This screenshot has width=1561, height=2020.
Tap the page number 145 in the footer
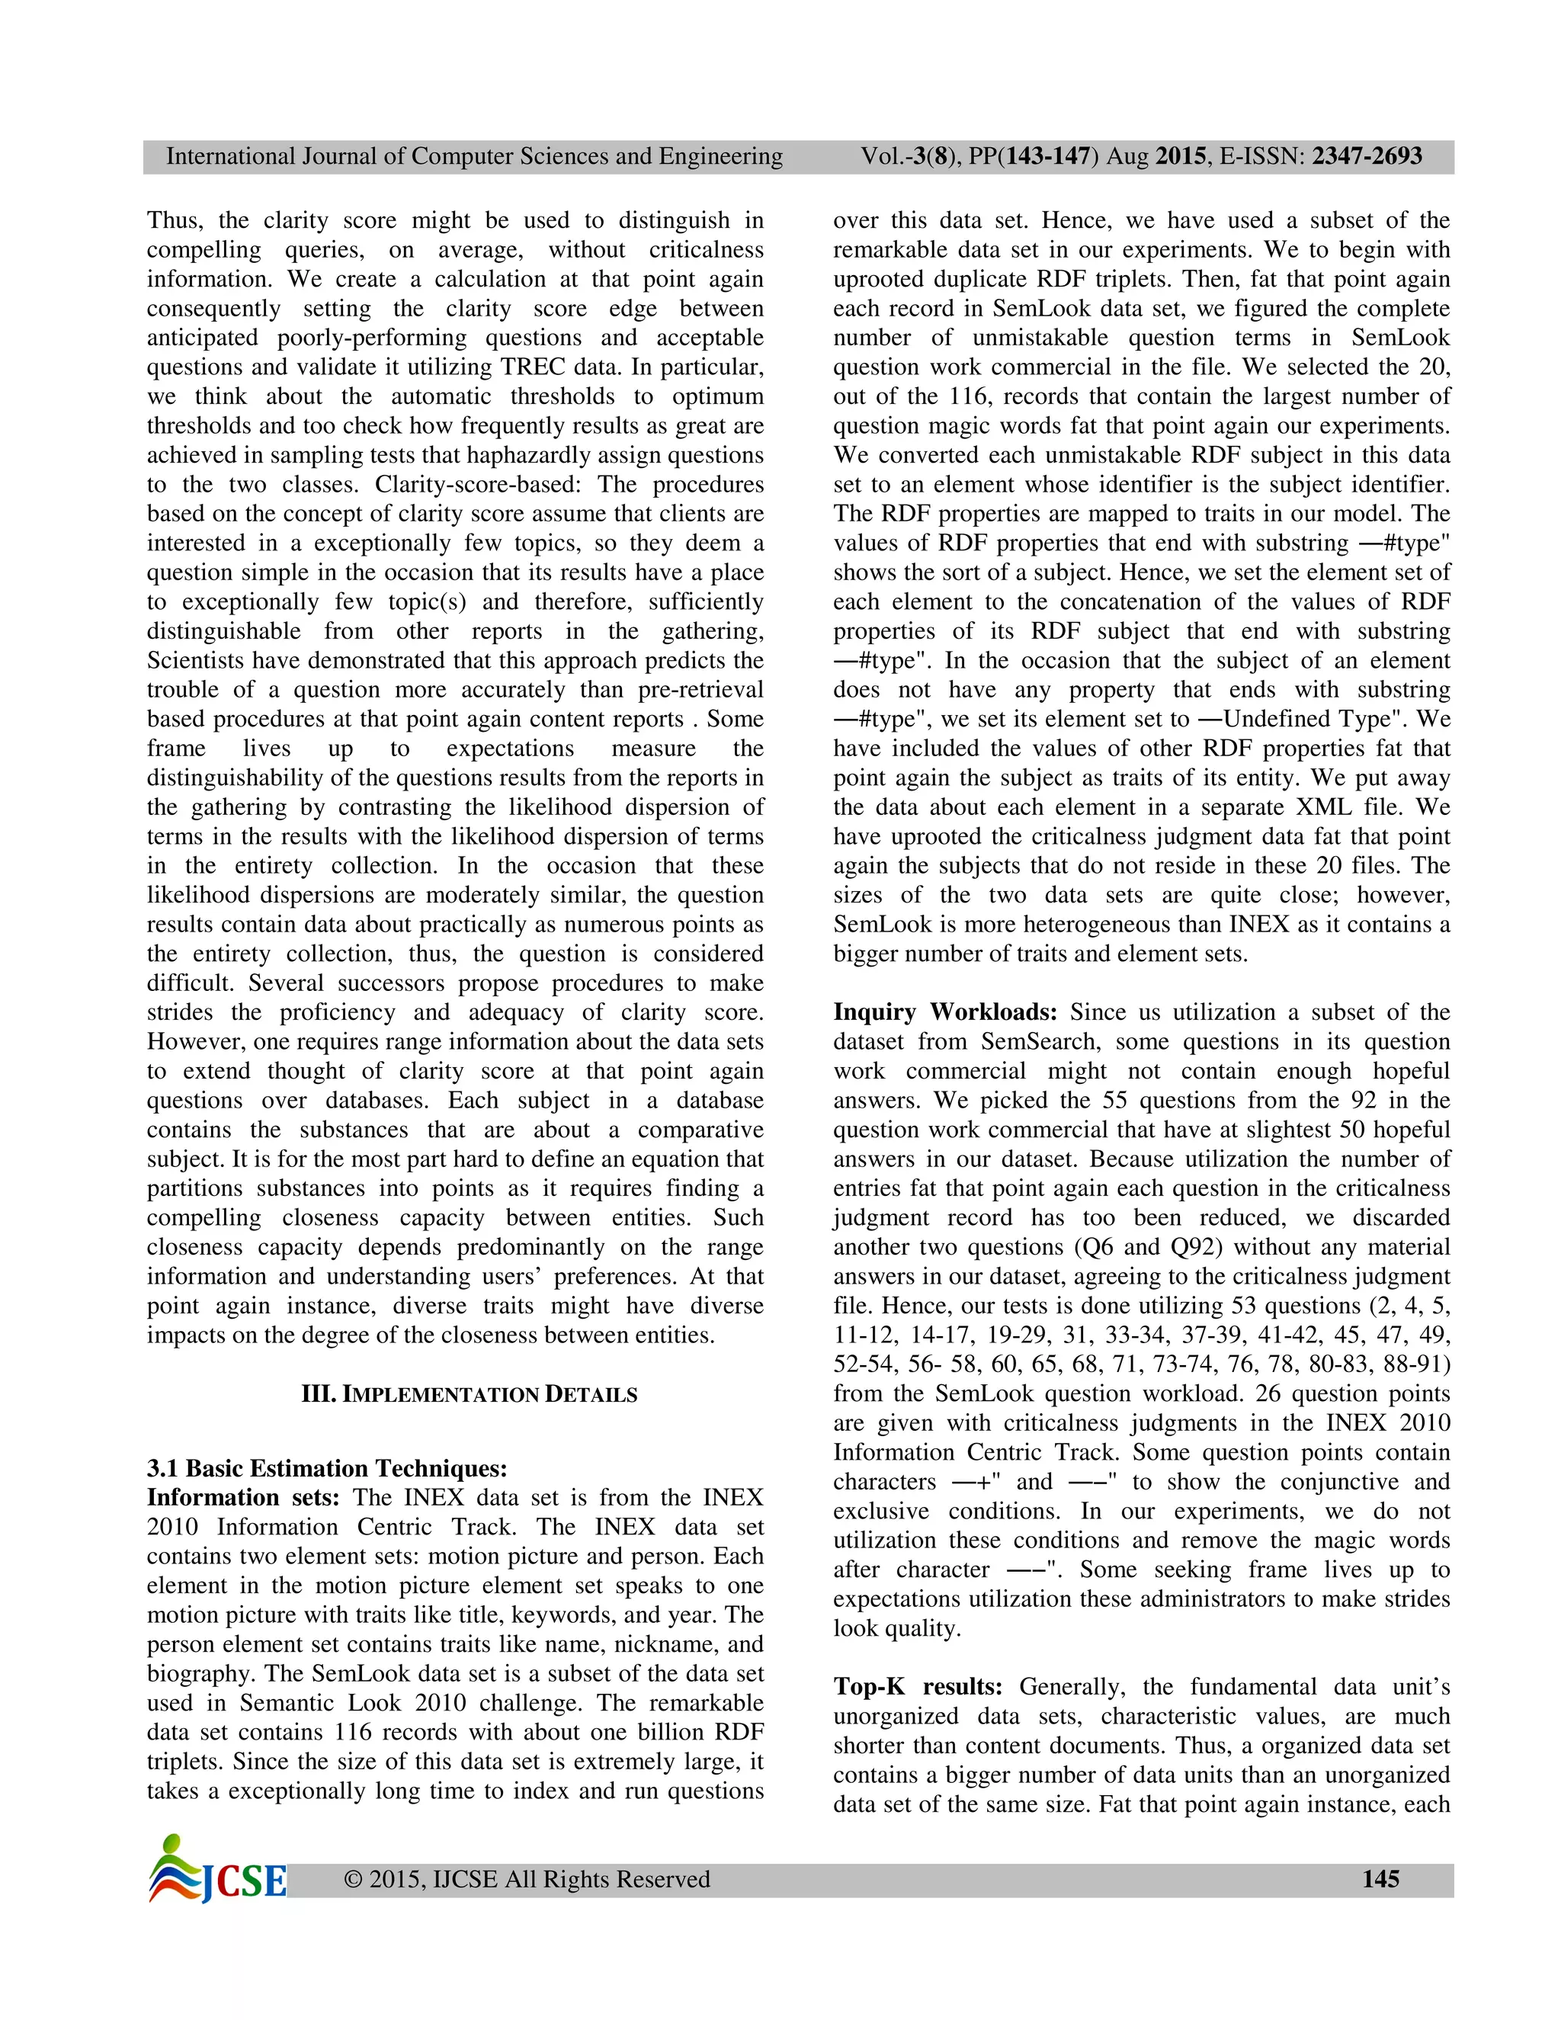(x=1380, y=1878)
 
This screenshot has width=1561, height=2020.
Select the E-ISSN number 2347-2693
(x=1367, y=156)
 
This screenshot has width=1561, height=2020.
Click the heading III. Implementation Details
(x=469, y=1395)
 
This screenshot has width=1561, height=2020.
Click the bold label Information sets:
(x=243, y=1497)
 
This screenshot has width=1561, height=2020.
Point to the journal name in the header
(x=474, y=156)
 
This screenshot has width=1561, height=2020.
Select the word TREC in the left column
(x=533, y=367)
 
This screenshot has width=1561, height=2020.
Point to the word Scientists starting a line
(x=196, y=660)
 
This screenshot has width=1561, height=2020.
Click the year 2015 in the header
(x=1180, y=156)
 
